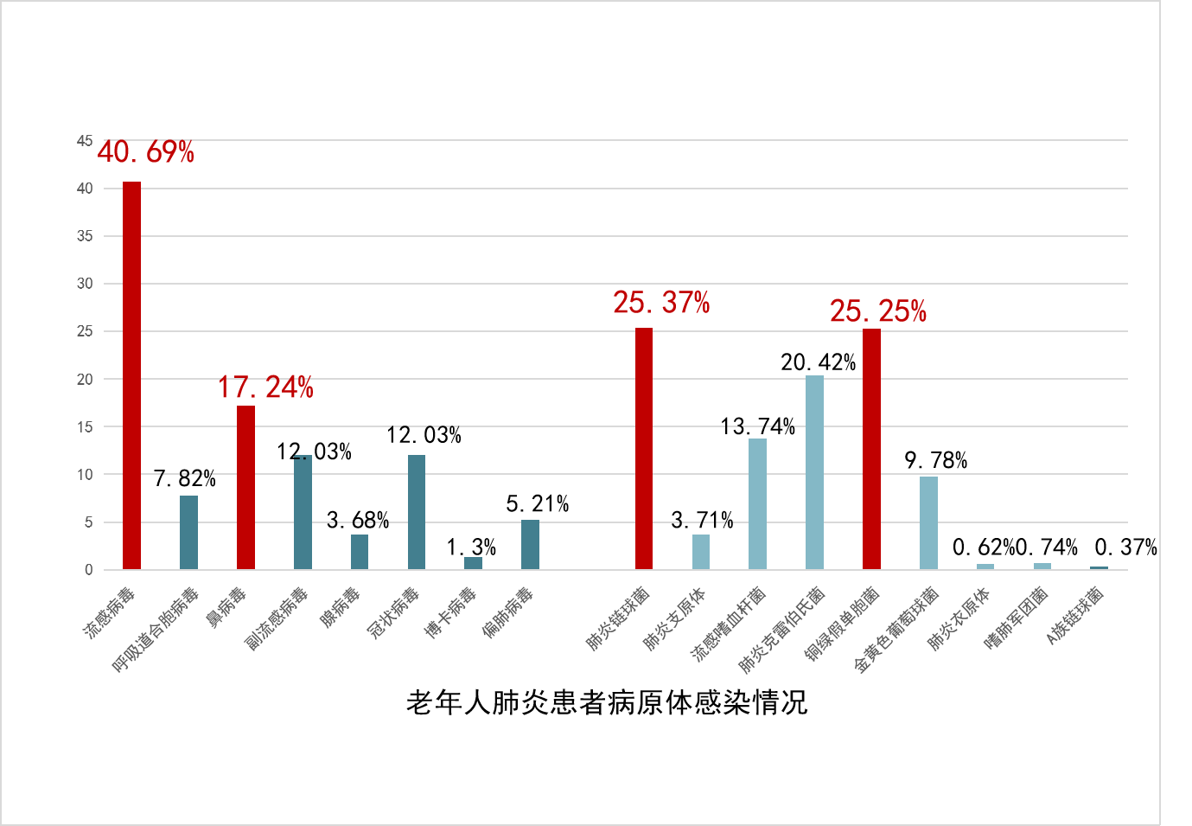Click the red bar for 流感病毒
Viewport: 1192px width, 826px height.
[131, 375]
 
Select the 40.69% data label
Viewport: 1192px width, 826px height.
[145, 152]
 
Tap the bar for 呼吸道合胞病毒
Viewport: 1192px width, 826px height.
[188, 532]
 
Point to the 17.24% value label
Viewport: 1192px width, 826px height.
[265, 387]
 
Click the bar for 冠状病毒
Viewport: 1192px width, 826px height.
[417, 512]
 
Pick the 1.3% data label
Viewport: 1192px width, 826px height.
[471, 547]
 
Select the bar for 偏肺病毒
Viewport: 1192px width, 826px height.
[530, 545]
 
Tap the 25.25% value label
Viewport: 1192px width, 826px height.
[877, 311]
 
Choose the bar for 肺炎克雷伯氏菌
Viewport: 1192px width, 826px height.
[814, 472]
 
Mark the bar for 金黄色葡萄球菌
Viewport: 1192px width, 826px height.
[928, 522]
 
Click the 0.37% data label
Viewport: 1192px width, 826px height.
[1125, 547]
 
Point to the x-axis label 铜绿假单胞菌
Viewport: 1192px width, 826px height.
[843, 623]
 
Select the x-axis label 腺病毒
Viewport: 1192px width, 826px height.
[340, 607]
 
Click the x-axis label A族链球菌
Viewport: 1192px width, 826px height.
[1075, 615]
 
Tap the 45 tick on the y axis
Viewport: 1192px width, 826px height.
[85, 140]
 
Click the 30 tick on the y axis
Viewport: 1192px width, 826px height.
[85, 284]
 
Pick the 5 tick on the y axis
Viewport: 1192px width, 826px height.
[88, 522]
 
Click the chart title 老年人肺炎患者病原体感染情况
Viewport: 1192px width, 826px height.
[607, 702]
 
